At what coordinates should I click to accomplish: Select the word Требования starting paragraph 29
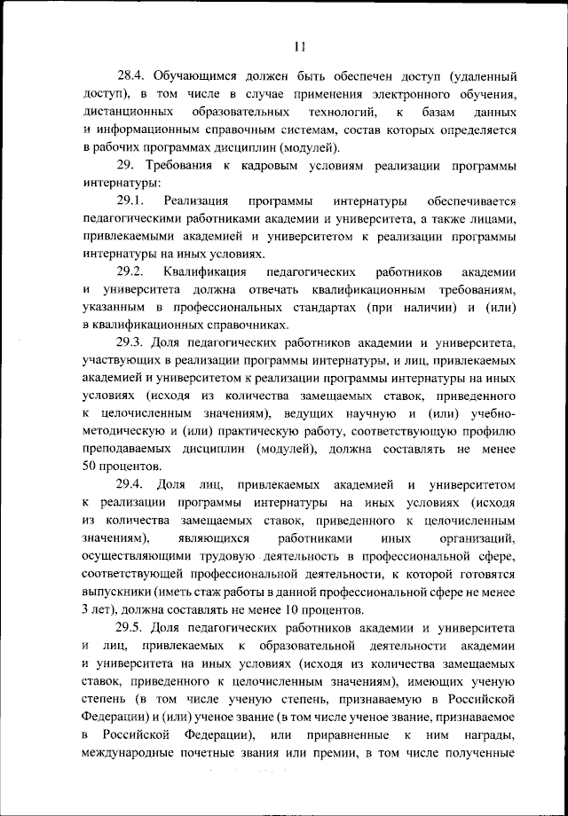point(185,166)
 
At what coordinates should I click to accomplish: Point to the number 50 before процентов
point(91,467)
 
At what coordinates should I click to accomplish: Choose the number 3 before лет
point(86,610)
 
